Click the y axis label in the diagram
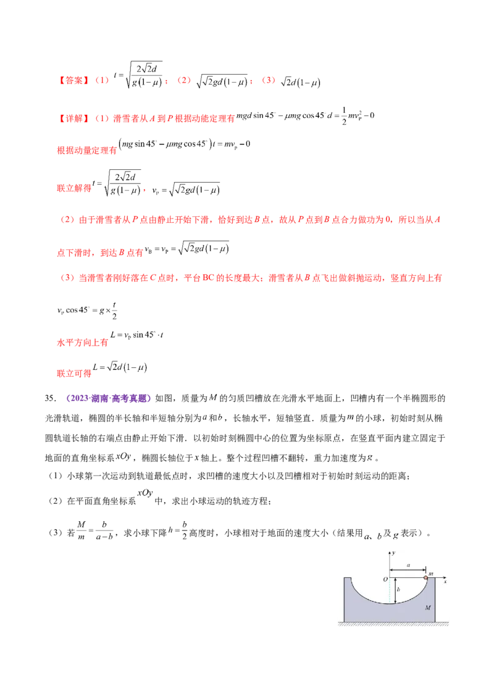point(393,553)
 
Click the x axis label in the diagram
point(445,582)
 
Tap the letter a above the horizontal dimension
point(408,564)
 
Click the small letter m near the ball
point(430,573)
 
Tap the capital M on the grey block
point(427,608)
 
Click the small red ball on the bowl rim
point(425,578)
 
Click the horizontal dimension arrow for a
point(408,570)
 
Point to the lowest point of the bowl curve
point(390,604)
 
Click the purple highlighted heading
point(109,399)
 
